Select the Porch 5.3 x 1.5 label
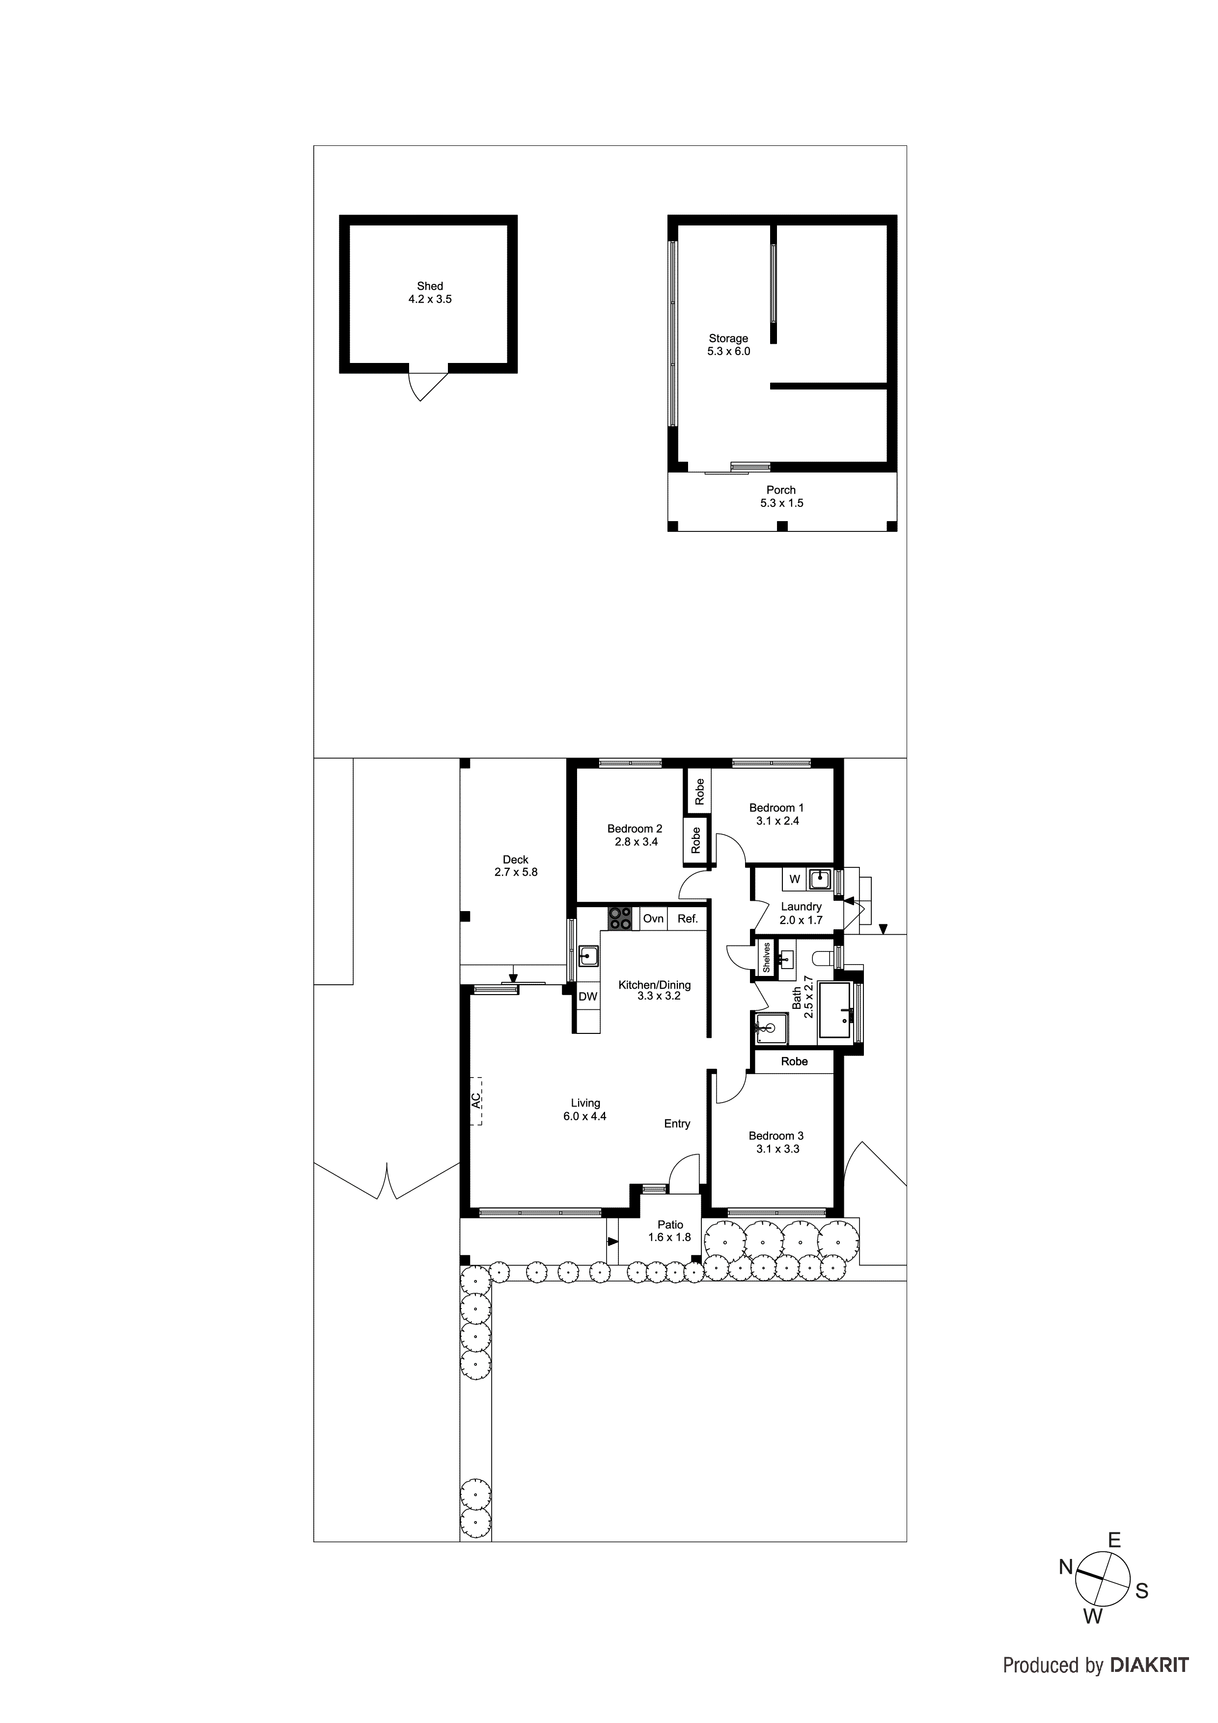coord(781,496)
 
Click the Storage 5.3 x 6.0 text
coord(728,344)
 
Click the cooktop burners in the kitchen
coord(620,918)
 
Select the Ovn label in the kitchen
coord(653,918)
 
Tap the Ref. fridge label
coord(688,918)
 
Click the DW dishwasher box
coord(587,997)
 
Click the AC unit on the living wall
coord(476,1100)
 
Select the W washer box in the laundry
coord(795,879)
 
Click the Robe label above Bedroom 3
coord(794,1061)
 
